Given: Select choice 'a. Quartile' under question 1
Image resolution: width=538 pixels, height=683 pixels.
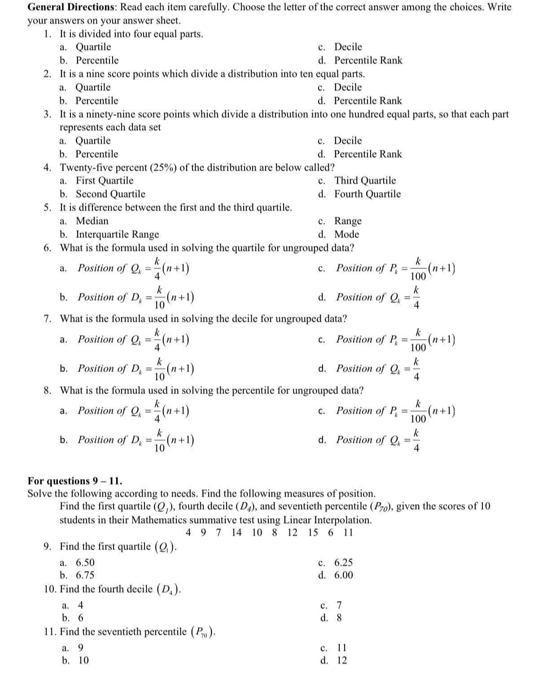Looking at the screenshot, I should (86, 47).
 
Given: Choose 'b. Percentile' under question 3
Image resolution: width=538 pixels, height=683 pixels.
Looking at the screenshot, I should (89, 154).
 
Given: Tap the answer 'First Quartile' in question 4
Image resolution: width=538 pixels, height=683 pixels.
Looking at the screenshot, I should (105, 181).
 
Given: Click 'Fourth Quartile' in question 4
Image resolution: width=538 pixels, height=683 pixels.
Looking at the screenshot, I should (367, 194).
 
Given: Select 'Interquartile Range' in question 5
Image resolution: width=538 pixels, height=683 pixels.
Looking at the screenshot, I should (117, 235).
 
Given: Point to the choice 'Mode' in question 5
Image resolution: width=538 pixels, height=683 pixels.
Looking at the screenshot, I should (346, 235).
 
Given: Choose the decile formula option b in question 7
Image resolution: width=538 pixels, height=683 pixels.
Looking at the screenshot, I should (127, 369).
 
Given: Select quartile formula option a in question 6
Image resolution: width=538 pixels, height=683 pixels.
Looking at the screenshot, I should (127, 268).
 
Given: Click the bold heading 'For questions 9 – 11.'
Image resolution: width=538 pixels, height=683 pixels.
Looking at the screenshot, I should (74, 481).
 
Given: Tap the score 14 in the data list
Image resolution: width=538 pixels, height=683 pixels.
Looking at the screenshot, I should (237, 533).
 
